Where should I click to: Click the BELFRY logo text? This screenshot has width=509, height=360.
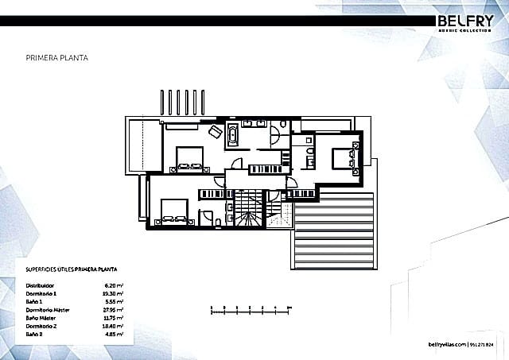click(x=468, y=21)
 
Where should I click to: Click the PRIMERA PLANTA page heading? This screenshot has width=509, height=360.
click(x=57, y=58)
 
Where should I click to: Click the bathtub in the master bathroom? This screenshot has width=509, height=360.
click(x=232, y=134)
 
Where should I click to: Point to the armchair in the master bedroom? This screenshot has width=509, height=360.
click(x=215, y=132)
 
